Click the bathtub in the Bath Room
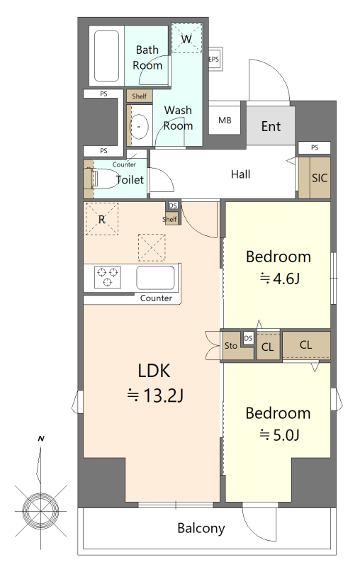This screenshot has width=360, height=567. (x=106, y=56)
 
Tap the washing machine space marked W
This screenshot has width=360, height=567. (x=186, y=38)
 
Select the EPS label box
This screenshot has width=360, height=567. (x=213, y=59)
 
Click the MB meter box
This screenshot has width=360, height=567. (x=225, y=120)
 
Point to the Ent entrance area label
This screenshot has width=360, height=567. (x=271, y=127)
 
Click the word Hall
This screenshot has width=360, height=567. (x=240, y=174)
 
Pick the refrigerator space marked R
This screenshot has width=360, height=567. (x=102, y=219)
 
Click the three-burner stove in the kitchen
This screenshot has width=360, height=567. (x=108, y=277)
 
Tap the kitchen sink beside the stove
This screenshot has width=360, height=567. (x=155, y=278)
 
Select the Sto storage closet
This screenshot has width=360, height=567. (x=231, y=346)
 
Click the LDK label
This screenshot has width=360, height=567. (x=154, y=371)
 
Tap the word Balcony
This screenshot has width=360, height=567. (x=201, y=528)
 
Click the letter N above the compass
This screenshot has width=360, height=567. (x=41, y=439)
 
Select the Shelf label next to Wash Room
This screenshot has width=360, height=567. (x=140, y=96)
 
